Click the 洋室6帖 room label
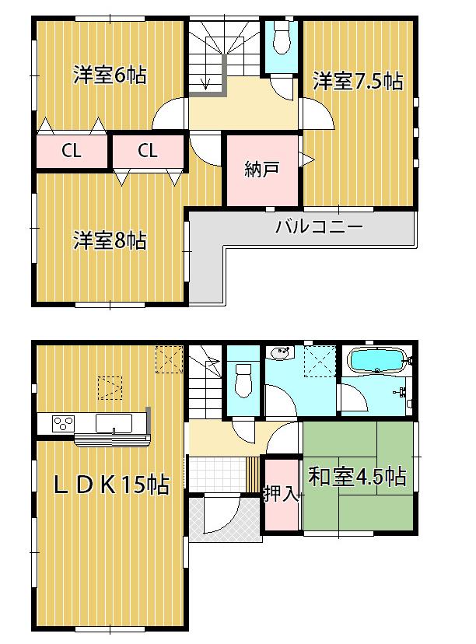coord(110,76)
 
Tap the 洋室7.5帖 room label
coord(359,81)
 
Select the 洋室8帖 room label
coord(110,240)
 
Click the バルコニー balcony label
coord(319,229)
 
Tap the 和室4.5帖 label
coord(358,477)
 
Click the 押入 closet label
coord(282,493)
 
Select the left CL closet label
coord(72,152)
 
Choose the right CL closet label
coord(148,152)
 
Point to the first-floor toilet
coord(243,379)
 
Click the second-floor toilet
coord(282,38)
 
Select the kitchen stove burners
coord(61,424)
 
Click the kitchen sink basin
coord(113,423)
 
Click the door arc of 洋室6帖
coord(170,117)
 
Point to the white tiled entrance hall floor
coord(217,474)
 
